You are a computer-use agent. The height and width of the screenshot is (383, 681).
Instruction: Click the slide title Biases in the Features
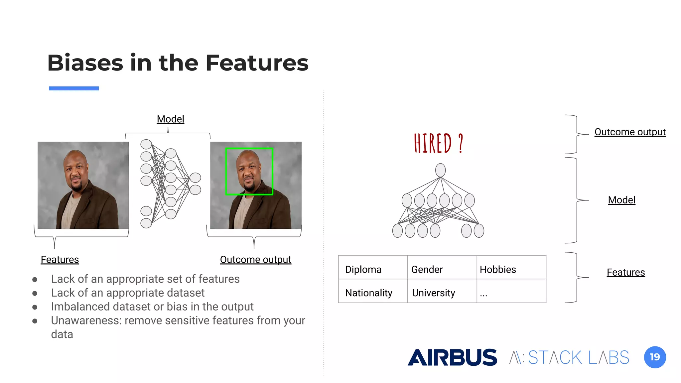[x=178, y=63]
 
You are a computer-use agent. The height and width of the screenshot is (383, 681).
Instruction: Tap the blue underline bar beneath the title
[x=74, y=88]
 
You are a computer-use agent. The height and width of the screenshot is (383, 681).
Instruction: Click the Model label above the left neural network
[x=170, y=119]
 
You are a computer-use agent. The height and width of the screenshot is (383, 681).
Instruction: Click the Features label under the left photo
[x=60, y=259]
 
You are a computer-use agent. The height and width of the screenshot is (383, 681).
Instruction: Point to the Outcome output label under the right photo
[x=255, y=259]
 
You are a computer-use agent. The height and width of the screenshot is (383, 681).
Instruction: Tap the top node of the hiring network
[x=440, y=170]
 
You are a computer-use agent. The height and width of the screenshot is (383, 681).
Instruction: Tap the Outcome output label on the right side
[x=630, y=132]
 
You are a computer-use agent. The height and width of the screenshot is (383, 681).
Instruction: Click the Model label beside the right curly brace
[x=621, y=200]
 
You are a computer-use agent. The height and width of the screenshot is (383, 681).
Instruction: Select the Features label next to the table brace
[x=625, y=272]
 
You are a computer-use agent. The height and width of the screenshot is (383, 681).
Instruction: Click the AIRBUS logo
[x=452, y=357]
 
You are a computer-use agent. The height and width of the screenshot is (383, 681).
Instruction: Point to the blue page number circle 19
[x=655, y=357]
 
